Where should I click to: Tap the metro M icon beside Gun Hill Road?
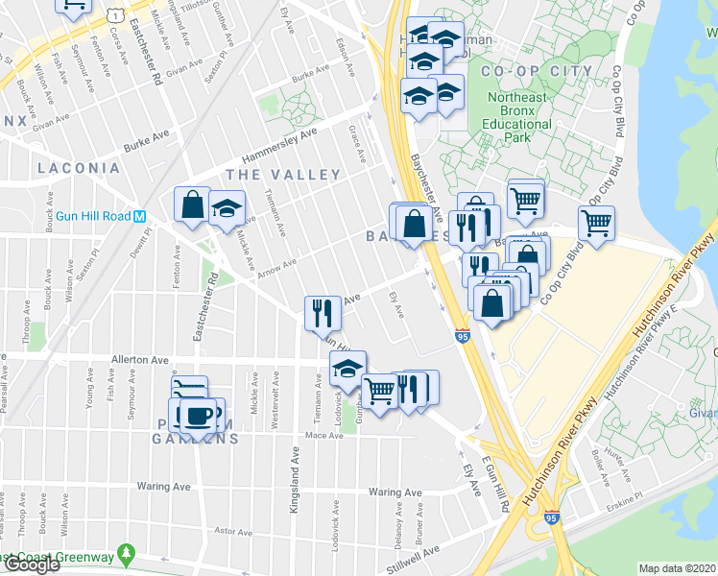(140, 216)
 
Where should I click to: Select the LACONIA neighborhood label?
(79, 168)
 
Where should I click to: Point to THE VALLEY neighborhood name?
(283, 174)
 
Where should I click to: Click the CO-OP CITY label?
(524, 72)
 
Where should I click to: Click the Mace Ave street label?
(323, 436)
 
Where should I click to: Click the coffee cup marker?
(199, 416)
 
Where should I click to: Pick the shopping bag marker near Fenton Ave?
(192, 204)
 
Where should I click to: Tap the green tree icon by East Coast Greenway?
(125, 555)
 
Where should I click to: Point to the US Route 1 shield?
(114, 15)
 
